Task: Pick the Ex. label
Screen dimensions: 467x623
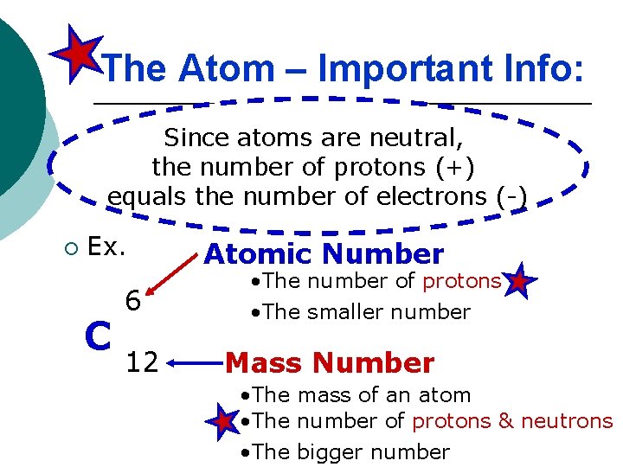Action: pos(107,247)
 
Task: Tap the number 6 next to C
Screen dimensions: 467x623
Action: pos(132,301)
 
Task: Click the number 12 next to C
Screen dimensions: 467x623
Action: pos(142,362)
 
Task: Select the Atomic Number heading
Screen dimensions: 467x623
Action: pos(324,254)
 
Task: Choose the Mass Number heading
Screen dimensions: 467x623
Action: pos(329,363)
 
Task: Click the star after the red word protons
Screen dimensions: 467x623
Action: pos(518,282)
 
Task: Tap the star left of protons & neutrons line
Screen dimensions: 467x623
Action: pos(224,421)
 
